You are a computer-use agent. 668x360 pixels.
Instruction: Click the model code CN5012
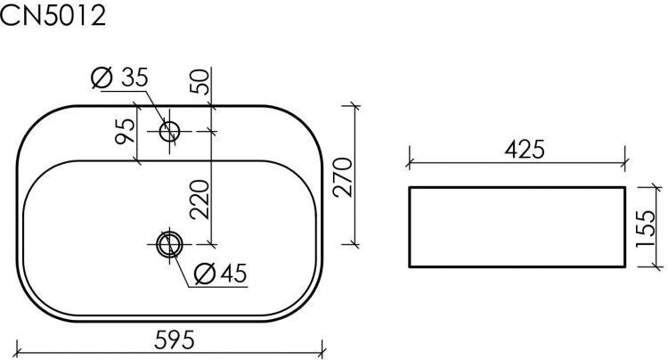(x=53, y=15)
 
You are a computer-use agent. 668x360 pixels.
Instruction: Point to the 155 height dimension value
(x=648, y=226)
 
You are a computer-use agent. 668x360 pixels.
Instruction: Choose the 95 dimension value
(x=126, y=131)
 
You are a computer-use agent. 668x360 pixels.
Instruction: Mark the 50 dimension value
(x=200, y=84)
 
